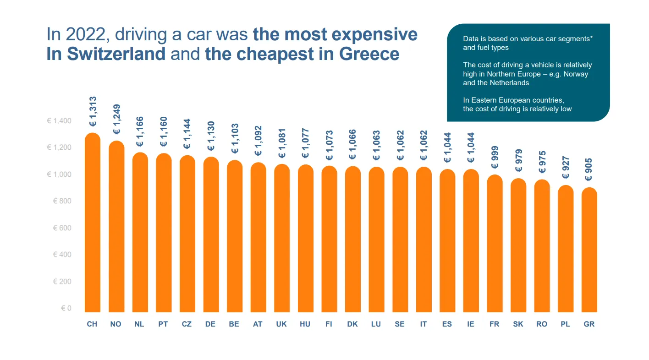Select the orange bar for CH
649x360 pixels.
pyautogui.click(x=92, y=224)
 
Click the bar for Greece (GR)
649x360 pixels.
pyautogui.click(x=589, y=252)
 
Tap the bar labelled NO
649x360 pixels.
pyautogui.click(x=116, y=229)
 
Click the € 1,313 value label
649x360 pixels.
pyautogui.click(x=93, y=111)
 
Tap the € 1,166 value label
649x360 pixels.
pyautogui.click(x=140, y=131)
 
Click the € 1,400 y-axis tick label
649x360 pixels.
pyautogui.click(x=59, y=121)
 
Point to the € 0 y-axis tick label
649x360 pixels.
pyautogui.click(x=66, y=308)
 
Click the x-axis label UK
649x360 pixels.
pyautogui.click(x=281, y=324)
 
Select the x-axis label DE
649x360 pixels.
pyautogui.click(x=210, y=324)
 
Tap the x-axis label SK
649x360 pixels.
pyautogui.click(x=518, y=324)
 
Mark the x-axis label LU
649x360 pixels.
pyautogui.click(x=376, y=324)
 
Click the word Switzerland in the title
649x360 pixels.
pyautogui.click(x=116, y=54)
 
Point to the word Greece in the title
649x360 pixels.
pyautogui.click(x=369, y=54)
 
